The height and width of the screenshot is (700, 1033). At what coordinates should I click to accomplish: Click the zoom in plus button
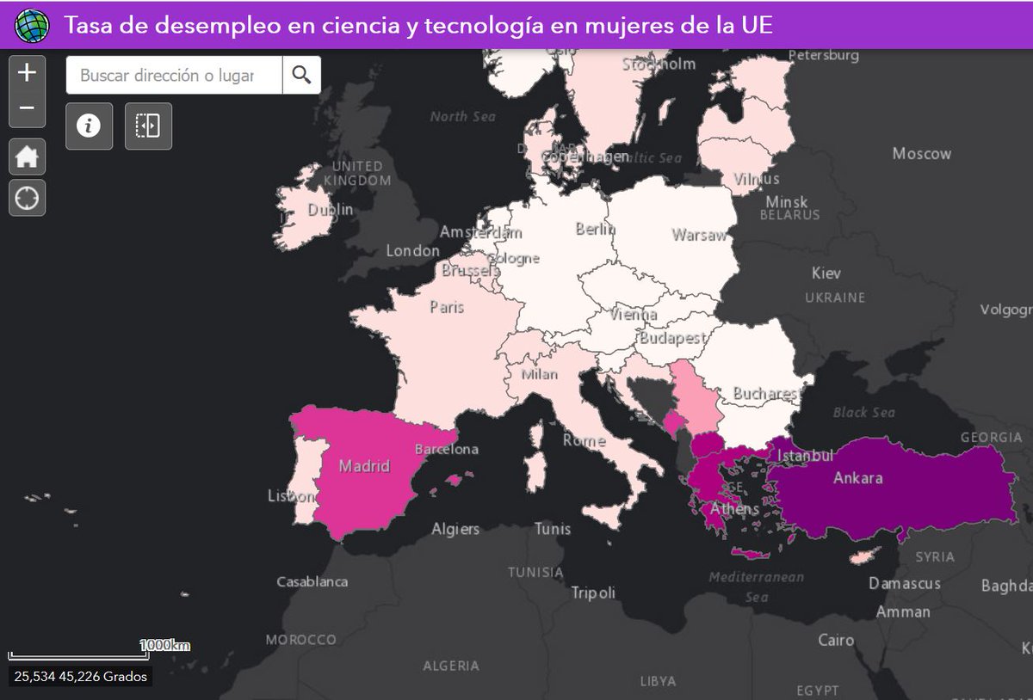coord(27,72)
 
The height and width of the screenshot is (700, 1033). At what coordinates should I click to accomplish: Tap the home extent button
coord(27,157)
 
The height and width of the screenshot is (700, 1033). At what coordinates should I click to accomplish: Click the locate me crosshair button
coord(27,198)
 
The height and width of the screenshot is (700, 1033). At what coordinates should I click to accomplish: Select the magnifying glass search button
coord(301,75)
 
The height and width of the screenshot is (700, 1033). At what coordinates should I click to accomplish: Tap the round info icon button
coord(89,126)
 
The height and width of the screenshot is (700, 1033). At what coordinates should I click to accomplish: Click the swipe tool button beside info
coord(148,126)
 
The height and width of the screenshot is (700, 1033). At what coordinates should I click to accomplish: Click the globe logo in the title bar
coord(33,26)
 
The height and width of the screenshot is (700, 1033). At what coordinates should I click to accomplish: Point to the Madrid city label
coord(364,466)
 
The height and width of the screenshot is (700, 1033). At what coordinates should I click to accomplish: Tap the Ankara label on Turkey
coord(857,477)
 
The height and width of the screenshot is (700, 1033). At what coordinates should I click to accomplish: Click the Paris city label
coord(447,307)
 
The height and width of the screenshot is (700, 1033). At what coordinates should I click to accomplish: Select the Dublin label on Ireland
coord(331,209)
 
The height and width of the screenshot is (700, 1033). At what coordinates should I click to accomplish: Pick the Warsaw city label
coord(699,235)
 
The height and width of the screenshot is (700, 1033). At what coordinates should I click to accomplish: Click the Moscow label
coord(921,154)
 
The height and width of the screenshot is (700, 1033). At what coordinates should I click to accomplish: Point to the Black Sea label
coord(863,413)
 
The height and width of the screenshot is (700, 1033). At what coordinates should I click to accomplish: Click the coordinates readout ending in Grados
coord(81,677)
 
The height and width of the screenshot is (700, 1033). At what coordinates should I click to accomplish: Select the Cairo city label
coord(836,640)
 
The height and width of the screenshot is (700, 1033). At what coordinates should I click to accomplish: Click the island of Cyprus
coord(865,556)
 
